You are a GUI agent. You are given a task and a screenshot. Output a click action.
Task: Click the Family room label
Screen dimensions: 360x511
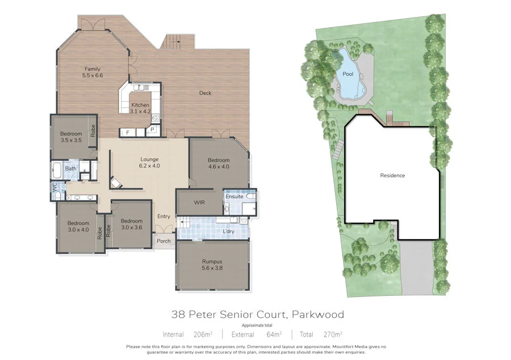pyautogui.click(x=93, y=72)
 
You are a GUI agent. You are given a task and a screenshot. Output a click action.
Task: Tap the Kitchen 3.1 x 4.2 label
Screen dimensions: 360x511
pyautogui.click(x=140, y=108)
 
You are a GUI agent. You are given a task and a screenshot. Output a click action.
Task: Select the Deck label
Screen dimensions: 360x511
pyautogui.click(x=205, y=93)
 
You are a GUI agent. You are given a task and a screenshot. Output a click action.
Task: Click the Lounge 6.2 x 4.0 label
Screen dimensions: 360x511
pyautogui.click(x=149, y=163)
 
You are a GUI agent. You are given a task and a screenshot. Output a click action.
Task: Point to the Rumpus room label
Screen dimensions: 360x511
pyautogui.click(x=212, y=265)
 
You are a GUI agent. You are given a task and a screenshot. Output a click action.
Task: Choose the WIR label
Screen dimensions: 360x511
pyautogui.click(x=199, y=202)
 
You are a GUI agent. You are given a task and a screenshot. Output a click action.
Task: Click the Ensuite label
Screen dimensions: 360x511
pyautogui.click(x=234, y=196)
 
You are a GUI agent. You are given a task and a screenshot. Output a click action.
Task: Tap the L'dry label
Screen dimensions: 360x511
pyautogui.click(x=229, y=231)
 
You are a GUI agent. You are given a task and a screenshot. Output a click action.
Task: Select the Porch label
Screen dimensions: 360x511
pyautogui.click(x=164, y=241)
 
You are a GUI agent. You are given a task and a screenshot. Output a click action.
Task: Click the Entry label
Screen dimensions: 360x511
pyautogui.click(x=164, y=216)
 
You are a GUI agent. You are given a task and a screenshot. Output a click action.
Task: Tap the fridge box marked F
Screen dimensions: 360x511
pyautogui.click(x=127, y=133)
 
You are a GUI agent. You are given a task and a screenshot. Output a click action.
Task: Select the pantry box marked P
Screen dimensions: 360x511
pyautogui.click(x=152, y=130)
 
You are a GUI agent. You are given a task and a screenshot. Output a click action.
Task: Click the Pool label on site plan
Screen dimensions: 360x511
pyautogui.click(x=347, y=74)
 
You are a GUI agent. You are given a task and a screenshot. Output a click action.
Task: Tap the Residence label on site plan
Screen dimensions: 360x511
pyautogui.click(x=392, y=175)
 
